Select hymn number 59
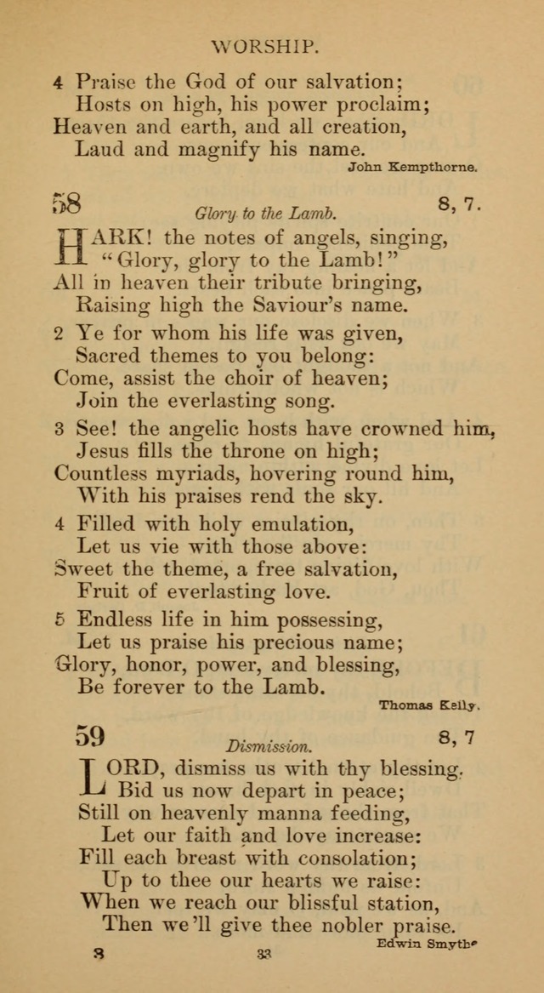click(x=90, y=734)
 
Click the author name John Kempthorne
click(x=412, y=168)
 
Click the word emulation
click(x=309, y=523)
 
